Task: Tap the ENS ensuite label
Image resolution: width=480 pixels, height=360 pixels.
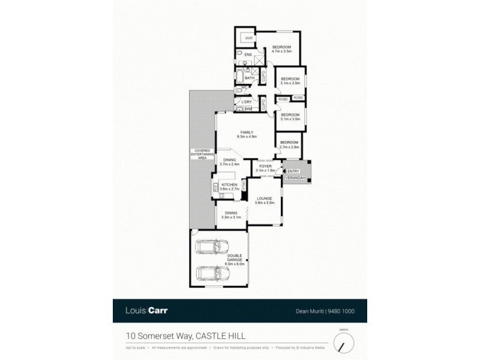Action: tap(248, 55)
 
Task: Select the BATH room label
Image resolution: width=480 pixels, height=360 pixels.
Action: tap(249, 78)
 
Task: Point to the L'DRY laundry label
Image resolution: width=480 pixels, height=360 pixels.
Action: tap(246, 102)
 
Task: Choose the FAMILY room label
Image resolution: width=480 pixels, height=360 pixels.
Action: tap(247, 132)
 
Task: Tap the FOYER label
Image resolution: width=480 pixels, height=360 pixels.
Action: tap(265, 166)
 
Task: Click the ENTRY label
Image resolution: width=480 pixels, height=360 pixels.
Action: tap(293, 171)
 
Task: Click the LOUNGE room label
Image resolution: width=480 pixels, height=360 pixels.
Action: tap(265, 198)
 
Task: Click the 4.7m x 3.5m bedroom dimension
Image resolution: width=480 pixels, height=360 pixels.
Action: tap(281, 52)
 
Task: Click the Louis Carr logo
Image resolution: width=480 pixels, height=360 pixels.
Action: tap(148, 311)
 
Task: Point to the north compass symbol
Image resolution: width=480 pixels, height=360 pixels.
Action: tap(344, 343)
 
